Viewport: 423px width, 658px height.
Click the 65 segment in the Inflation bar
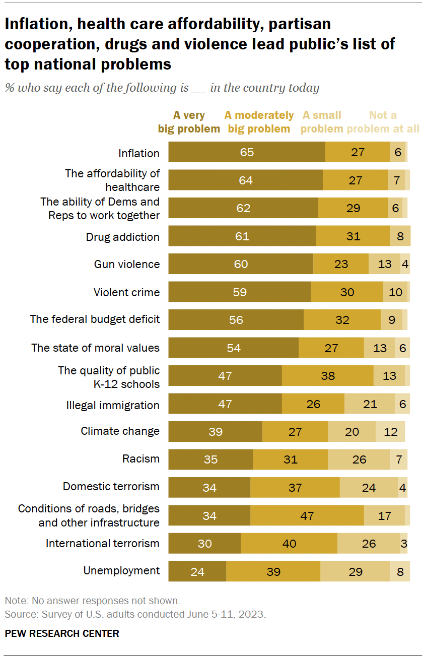coord(247,152)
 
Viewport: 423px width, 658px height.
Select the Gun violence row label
coord(127,264)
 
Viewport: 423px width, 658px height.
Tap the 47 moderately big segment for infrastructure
coord(307,515)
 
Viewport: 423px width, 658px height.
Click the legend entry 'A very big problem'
coord(189,122)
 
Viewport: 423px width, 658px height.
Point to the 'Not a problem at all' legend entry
coord(383,122)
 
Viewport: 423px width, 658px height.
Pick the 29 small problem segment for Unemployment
coord(355,571)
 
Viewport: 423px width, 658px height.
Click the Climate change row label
coord(120,431)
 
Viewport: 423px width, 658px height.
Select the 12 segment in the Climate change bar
coord(390,432)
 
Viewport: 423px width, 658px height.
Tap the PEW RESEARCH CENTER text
coord(62,633)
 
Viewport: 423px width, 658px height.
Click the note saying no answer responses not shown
coord(92,601)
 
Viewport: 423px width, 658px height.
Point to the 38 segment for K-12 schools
coord(327,376)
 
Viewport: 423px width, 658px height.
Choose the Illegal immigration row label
coord(113,405)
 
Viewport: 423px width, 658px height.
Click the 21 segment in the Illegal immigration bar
coord(370,404)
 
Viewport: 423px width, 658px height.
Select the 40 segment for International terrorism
coord(289,544)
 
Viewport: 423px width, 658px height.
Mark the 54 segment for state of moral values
coord(233,348)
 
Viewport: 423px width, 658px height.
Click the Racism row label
coord(140,458)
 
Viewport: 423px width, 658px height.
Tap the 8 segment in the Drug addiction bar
coord(400,236)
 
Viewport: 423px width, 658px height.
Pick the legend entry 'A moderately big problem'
coord(259,122)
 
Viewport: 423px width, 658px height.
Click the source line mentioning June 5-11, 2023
coord(135,615)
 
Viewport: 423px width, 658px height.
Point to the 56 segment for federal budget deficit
coord(236,320)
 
